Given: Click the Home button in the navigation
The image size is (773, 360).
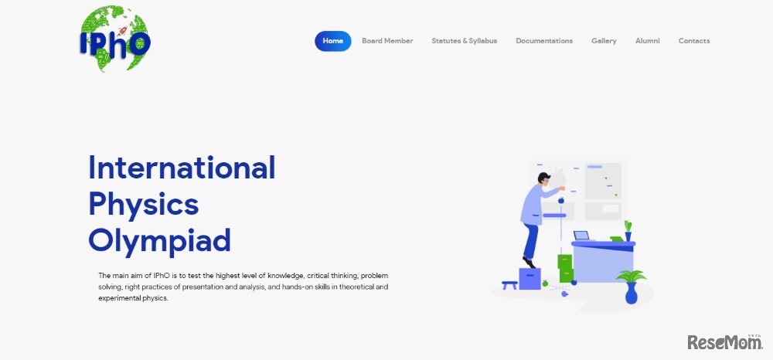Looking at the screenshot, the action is coord(332,41).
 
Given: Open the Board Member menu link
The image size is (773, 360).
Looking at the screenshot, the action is coord(387,41).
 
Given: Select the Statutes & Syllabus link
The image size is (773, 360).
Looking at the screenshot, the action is coord(465,41).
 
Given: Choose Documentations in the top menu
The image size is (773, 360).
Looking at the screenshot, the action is coord(544,41).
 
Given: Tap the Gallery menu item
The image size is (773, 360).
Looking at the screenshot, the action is coord(604,41).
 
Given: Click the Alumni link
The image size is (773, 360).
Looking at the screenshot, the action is coord(647,41).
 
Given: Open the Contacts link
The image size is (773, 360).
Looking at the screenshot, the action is coord(694,41).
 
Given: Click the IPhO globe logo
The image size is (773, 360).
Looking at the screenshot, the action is coord(115,39).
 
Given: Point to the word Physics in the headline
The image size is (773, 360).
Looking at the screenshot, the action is coord(144,205).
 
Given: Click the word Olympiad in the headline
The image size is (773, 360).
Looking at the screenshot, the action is coord(159,241).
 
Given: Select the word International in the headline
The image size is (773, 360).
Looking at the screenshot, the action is coord(182,168).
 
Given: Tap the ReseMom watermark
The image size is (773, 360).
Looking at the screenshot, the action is coord(725,341).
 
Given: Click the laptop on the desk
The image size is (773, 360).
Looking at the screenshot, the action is coord(583,236).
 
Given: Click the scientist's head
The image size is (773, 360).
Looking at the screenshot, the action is coord(543,179).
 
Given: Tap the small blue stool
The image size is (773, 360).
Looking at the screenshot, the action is coord(509,285).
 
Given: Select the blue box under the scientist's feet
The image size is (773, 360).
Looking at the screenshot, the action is coord(530,279).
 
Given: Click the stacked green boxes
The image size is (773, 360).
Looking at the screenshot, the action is coord(566,268).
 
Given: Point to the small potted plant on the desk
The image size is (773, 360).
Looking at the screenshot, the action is coord(628,231).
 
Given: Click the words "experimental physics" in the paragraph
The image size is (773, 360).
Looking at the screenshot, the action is coord(134,298).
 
